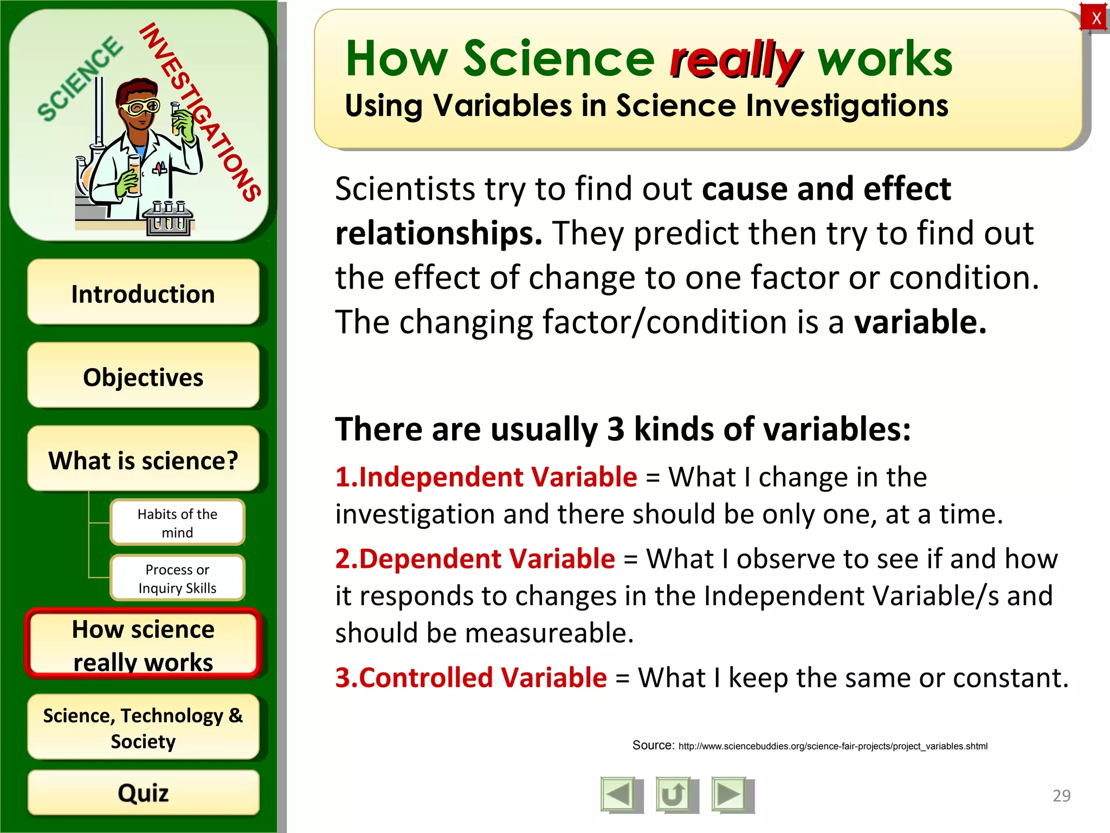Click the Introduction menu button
click(143, 293)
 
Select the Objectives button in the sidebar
click(143, 376)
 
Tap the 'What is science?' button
click(143, 460)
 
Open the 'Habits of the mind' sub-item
click(177, 522)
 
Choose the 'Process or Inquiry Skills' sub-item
click(177, 578)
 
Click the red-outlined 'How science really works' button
click(143, 645)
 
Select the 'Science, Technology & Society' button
click(143, 727)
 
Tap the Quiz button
click(143, 793)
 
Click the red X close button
click(1095, 18)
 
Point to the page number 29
click(1061, 796)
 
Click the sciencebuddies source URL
click(832, 746)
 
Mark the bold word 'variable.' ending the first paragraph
click(920, 322)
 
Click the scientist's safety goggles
click(140, 107)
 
